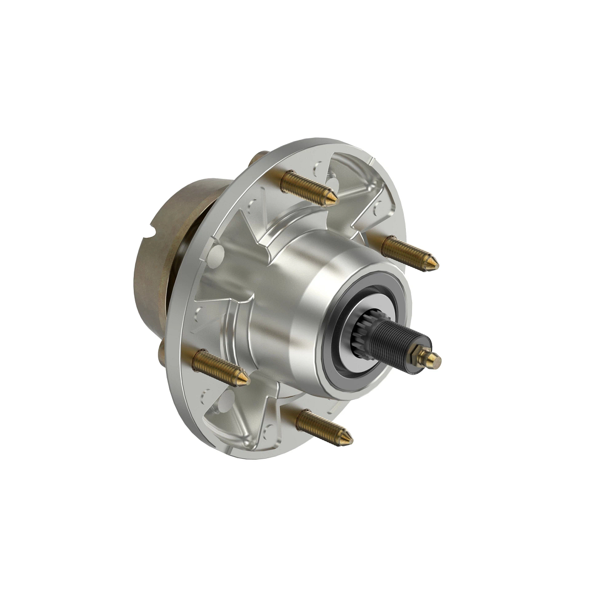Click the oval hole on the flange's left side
coord(218,251)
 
